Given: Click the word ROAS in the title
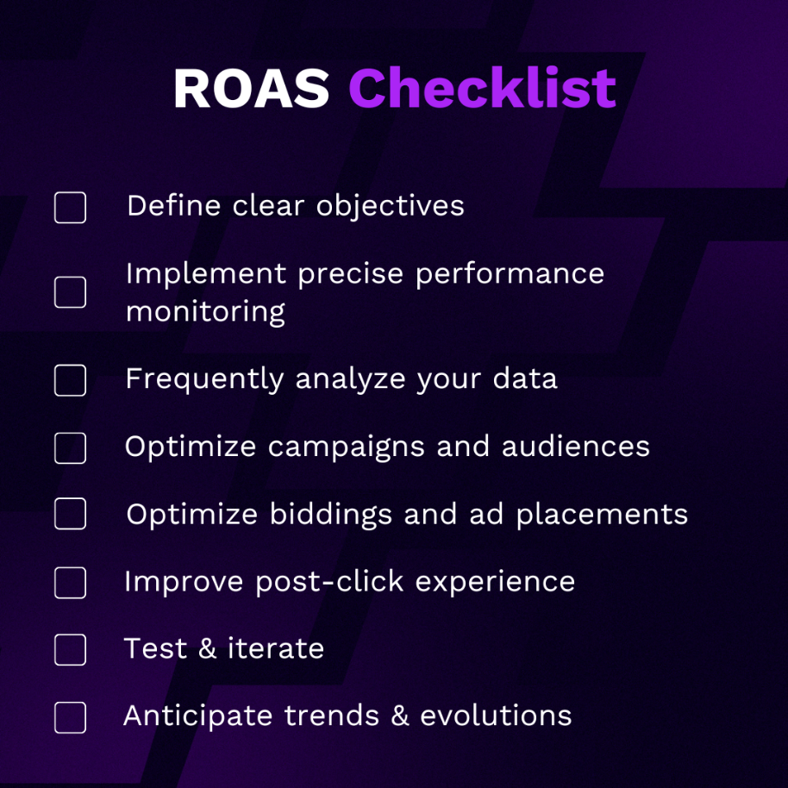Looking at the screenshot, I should click(251, 88).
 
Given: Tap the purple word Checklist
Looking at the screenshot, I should click(482, 88).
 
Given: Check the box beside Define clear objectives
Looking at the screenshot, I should click(70, 208).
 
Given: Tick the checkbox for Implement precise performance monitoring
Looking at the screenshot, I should click(70, 292).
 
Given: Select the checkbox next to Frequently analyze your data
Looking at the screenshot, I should click(70, 380).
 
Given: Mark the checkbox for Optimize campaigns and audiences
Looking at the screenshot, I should click(70, 447).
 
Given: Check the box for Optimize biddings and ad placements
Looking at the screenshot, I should click(70, 514).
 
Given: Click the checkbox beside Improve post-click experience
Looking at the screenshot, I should click(70, 583).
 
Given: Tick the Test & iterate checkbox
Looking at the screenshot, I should click(70, 649).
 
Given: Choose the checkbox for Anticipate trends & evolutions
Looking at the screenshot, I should click(70, 717).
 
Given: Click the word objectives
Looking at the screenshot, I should click(390, 207).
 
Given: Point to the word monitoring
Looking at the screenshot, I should click(205, 311).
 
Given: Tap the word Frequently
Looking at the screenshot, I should click(204, 379).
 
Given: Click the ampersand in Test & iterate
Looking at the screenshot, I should click(207, 649).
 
